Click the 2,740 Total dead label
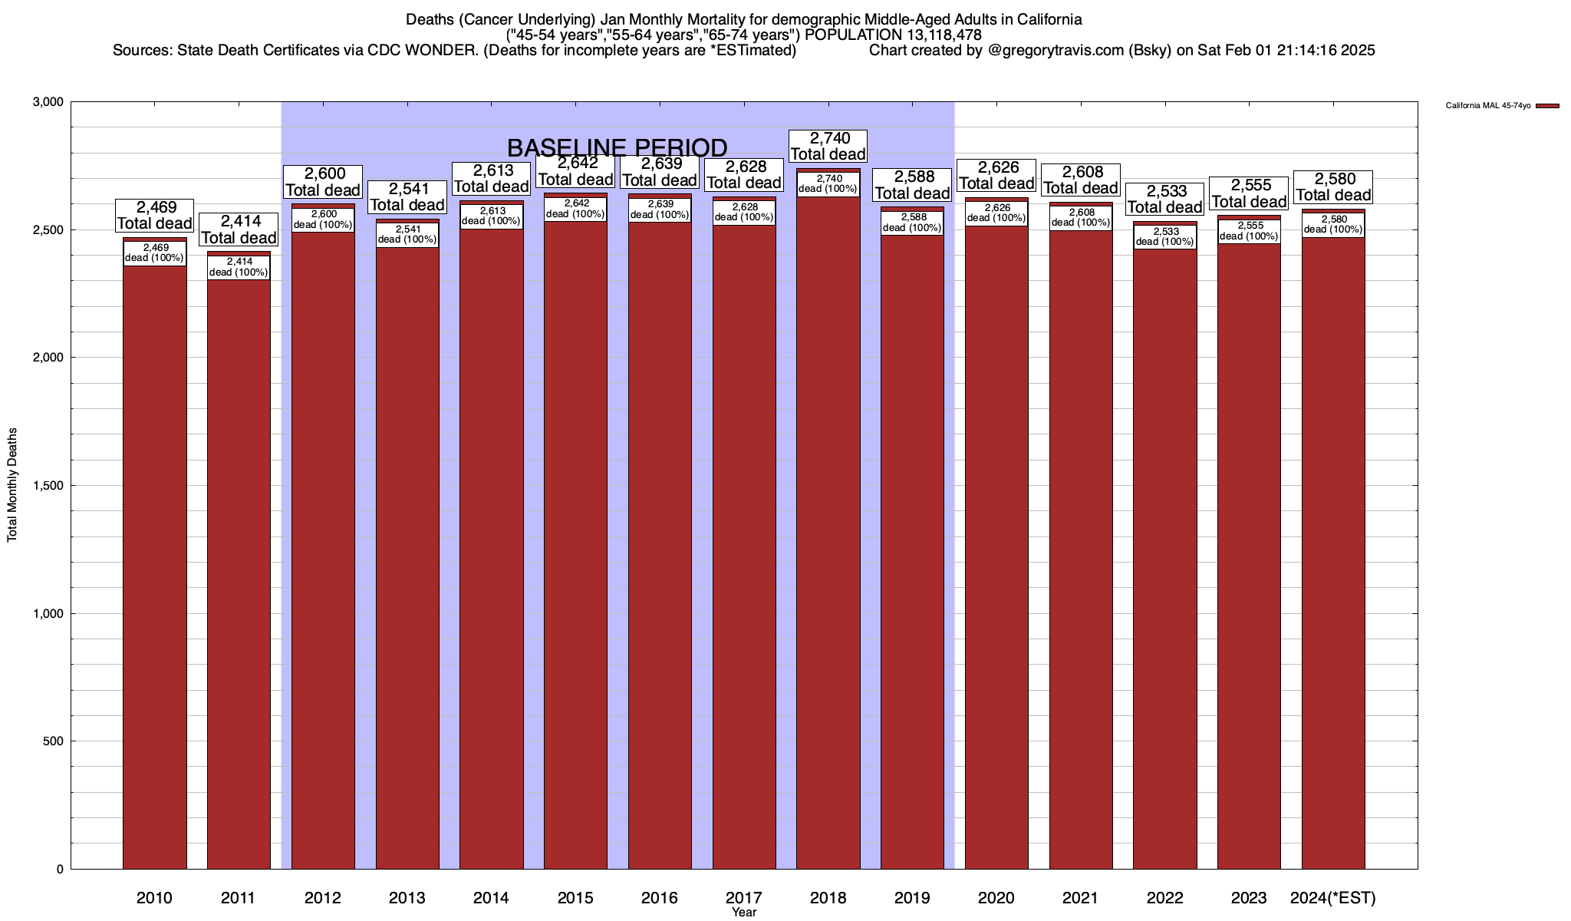point(828,146)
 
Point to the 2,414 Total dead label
point(239,229)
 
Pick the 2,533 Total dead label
point(1165,199)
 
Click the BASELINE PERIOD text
point(617,147)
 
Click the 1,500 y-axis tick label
point(48,486)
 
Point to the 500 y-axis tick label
point(54,741)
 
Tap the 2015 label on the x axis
point(575,898)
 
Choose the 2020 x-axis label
point(996,898)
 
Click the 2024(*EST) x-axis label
point(1333,898)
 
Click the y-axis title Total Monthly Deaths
point(12,485)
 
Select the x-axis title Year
point(744,913)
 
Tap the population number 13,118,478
point(932,35)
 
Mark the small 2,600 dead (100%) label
point(323,220)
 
